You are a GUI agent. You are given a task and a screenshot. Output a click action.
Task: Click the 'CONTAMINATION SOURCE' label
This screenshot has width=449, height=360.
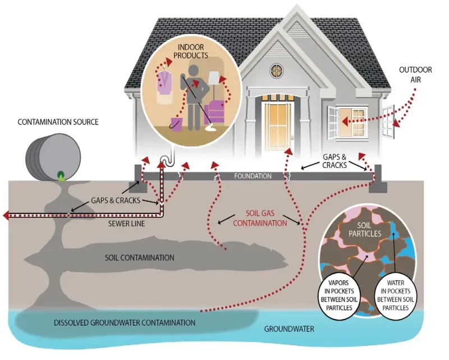click(x=58, y=121)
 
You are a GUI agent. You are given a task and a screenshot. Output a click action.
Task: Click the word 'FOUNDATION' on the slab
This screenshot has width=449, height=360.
click(x=253, y=176)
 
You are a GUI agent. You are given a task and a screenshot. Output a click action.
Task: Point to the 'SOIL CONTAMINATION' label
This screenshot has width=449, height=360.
click(x=140, y=258)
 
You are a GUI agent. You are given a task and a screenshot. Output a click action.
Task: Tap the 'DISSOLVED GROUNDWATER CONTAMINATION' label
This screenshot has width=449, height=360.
click(x=125, y=323)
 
